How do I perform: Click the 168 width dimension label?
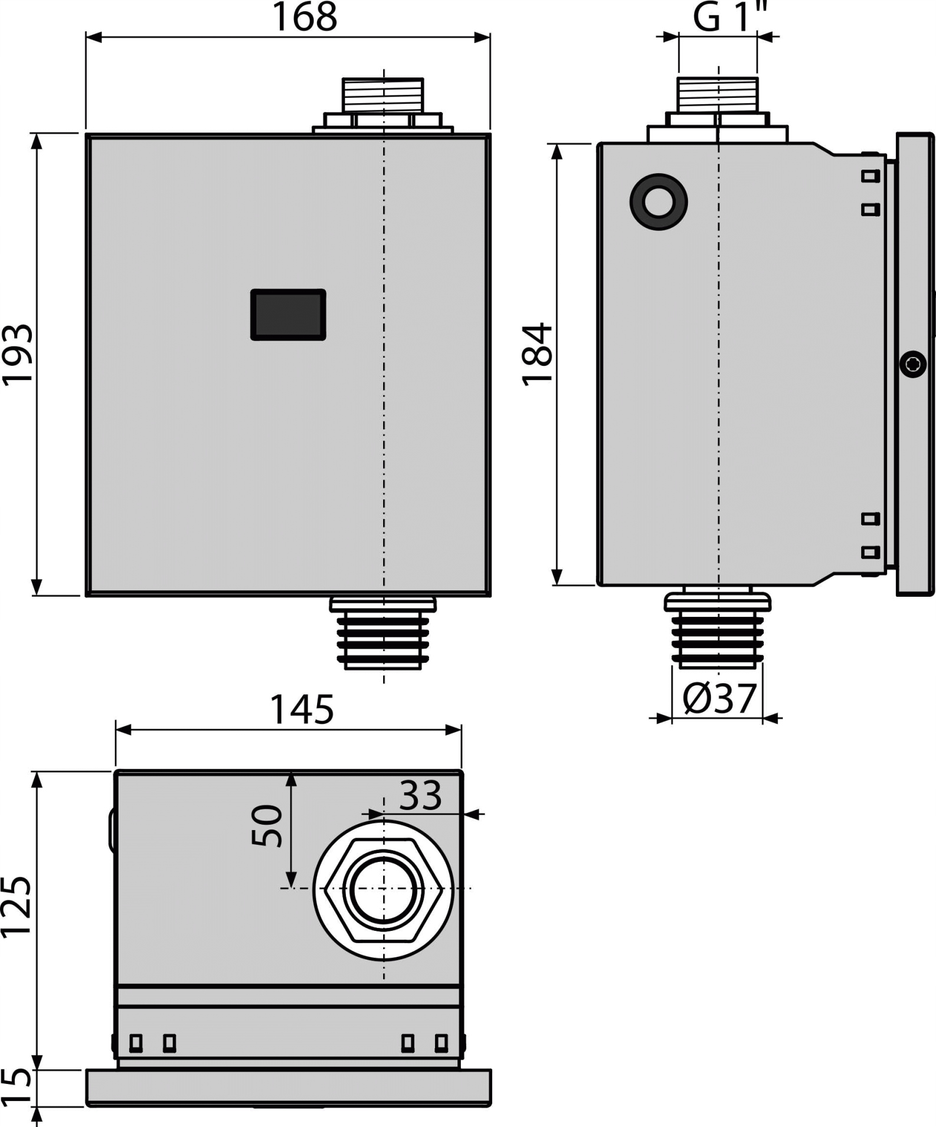pyautogui.click(x=304, y=17)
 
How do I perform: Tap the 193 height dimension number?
pyautogui.click(x=17, y=355)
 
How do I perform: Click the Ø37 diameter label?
pyautogui.click(x=719, y=698)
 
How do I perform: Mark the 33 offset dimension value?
pyautogui.click(x=420, y=795)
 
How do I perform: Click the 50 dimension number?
pyautogui.click(x=267, y=825)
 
